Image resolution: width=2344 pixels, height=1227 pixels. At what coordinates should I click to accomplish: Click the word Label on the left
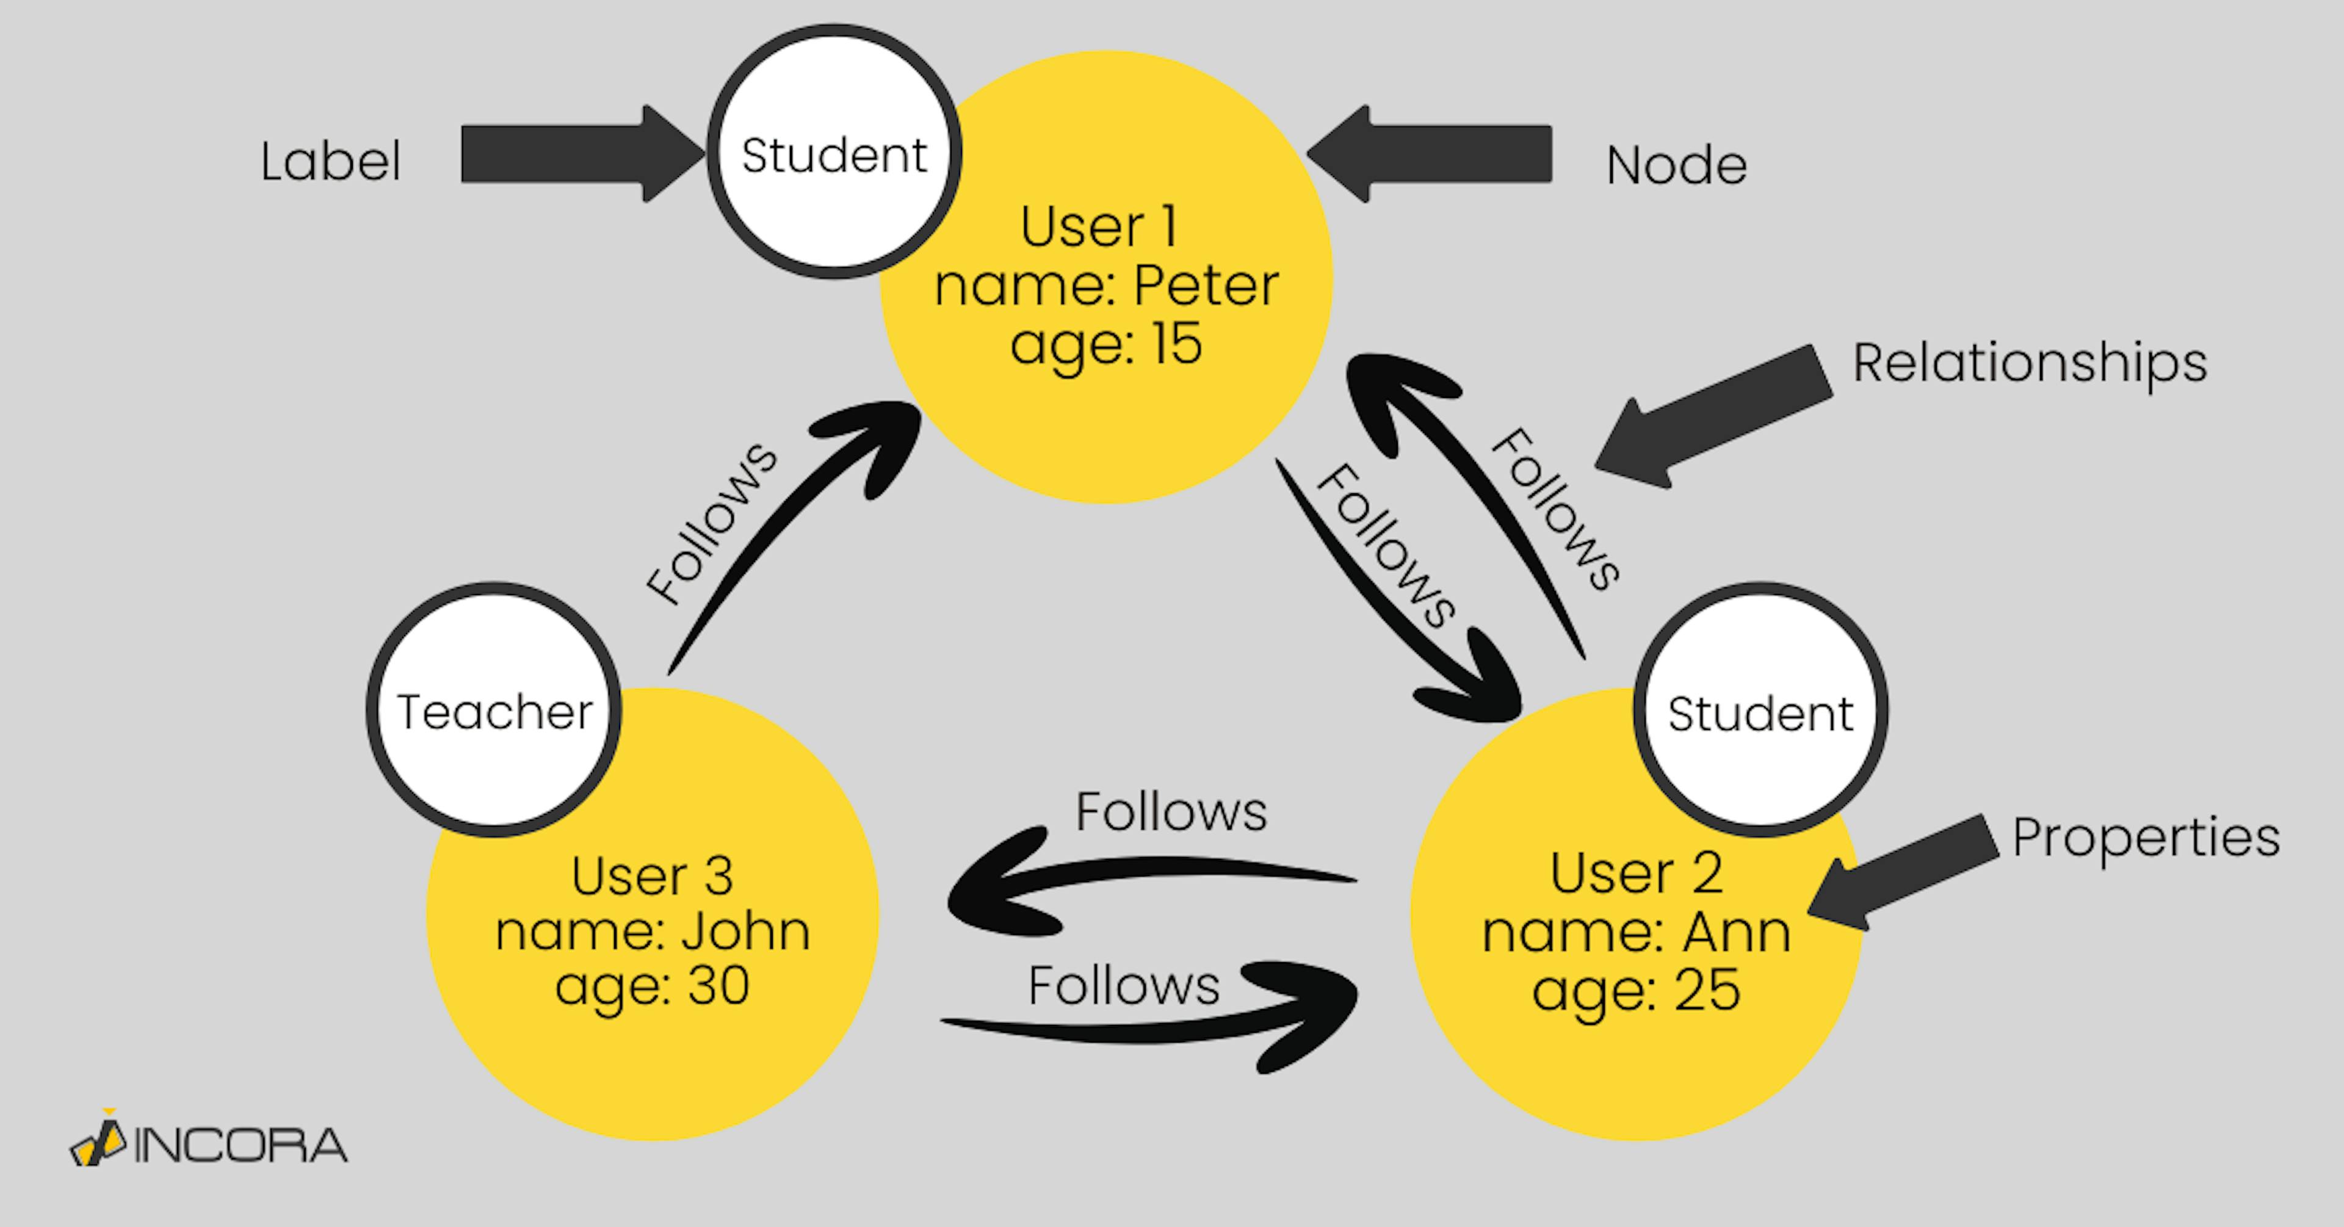pyautogui.click(x=330, y=162)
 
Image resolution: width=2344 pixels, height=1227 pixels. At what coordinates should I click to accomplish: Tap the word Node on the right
pyautogui.click(x=1676, y=165)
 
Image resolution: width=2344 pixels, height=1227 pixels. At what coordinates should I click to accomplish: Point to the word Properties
pyautogui.click(x=2146, y=838)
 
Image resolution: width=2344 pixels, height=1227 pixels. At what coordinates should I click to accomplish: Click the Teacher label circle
pyautogui.click(x=494, y=710)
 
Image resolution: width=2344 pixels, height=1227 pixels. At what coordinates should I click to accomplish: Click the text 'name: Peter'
pyautogui.click(x=1107, y=286)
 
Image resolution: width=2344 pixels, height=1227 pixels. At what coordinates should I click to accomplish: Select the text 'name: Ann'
pyautogui.click(x=1636, y=932)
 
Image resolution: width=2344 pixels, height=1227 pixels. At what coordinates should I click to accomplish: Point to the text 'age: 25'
pyautogui.click(x=1636, y=990)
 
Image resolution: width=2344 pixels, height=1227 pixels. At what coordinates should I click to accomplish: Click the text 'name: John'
pyautogui.click(x=653, y=932)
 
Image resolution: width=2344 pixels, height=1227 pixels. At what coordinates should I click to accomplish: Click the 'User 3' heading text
pyautogui.click(x=653, y=875)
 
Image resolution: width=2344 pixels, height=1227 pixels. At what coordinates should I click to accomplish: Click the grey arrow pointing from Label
pyautogui.click(x=573, y=154)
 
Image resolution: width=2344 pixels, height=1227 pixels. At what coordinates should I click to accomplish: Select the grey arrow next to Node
pyautogui.click(x=1438, y=154)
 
